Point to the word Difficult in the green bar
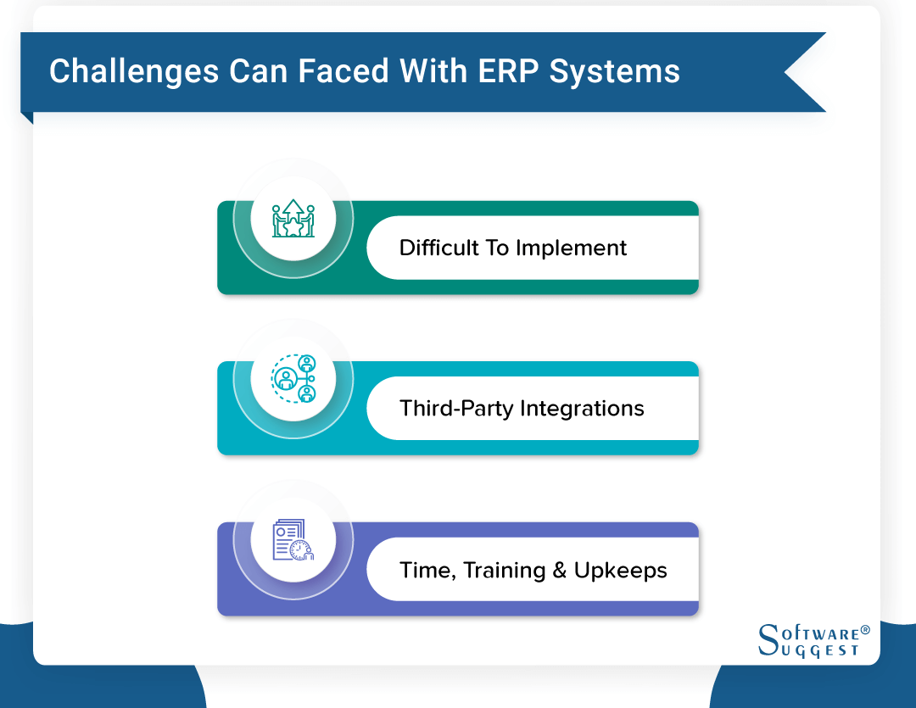coord(438,248)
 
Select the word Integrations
coord(582,409)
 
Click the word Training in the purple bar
coord(506,570)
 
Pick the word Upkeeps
coord(620,571)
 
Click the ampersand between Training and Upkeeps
coord(559,570)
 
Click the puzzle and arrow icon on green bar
coord(293,219)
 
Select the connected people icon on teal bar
coord(293,379)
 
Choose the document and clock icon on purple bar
coord(293,540)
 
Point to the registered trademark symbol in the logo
coord(865,630)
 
